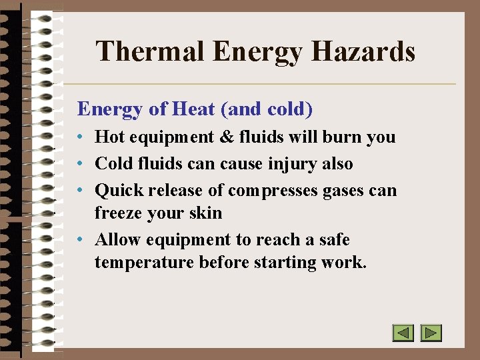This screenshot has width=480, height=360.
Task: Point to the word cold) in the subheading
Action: (289, 108)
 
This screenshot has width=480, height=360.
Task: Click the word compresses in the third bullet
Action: (273, 191)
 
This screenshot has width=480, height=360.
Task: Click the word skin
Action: (207, 213)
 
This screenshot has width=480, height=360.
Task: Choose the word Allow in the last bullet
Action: (118, 239)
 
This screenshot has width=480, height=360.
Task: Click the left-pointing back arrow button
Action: (403, 333)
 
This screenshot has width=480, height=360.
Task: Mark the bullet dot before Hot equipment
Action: (79, 138)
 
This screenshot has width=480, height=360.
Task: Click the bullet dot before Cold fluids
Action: (79, 164)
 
